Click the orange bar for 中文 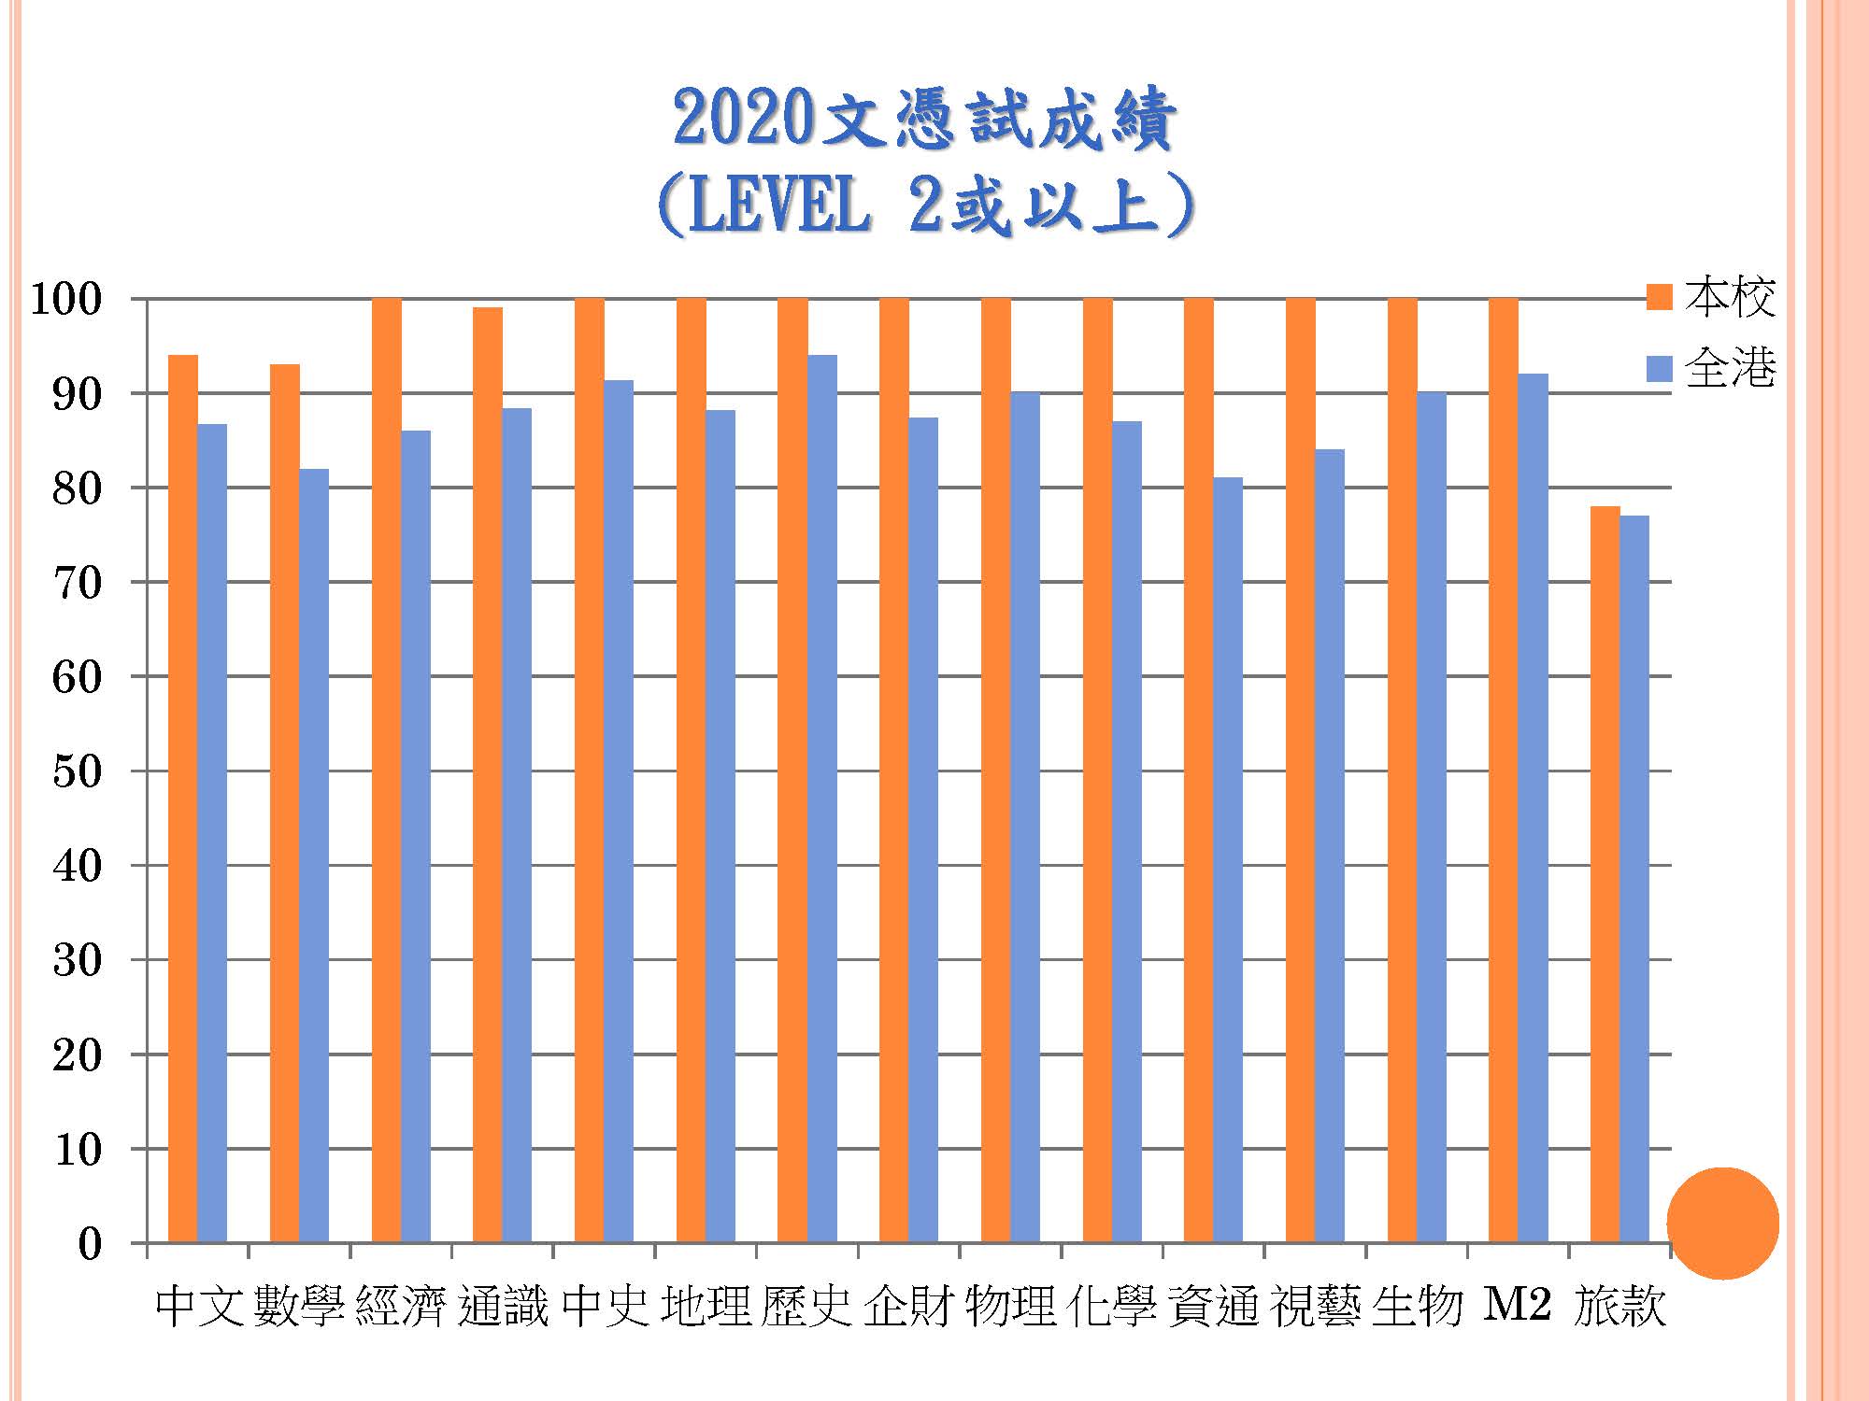183,799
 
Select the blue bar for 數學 314,856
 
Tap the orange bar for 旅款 1605,874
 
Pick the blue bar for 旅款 1634,879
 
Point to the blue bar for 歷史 822,799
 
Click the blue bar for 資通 1228,860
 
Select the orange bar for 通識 488,775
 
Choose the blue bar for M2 1533,808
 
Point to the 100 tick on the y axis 65,300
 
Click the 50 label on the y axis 77,771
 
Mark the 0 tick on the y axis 90,1244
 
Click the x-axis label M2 1518,1305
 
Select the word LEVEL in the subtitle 778,205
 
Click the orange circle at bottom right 1722,1223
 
